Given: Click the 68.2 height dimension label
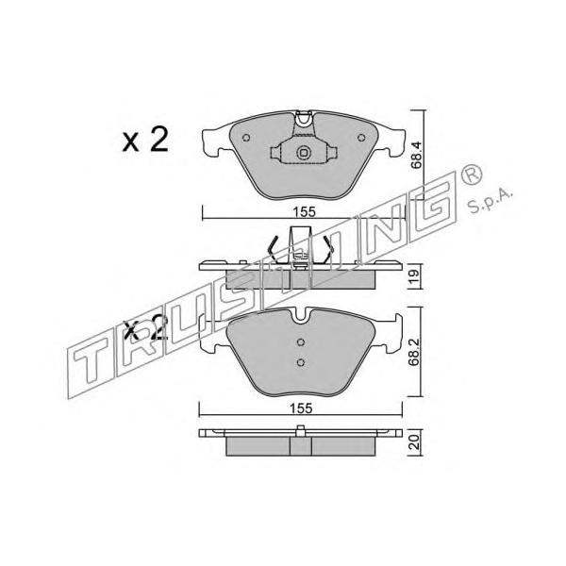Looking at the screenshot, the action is [414, 352].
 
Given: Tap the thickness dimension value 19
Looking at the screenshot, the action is [414, 275].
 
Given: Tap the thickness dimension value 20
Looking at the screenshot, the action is [415, 441].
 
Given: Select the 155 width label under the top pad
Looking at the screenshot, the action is [304, 212].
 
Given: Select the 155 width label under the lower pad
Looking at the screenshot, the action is [302, 408].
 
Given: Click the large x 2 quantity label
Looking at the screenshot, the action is [145, 141].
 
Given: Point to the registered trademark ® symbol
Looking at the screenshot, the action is [471, 174].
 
